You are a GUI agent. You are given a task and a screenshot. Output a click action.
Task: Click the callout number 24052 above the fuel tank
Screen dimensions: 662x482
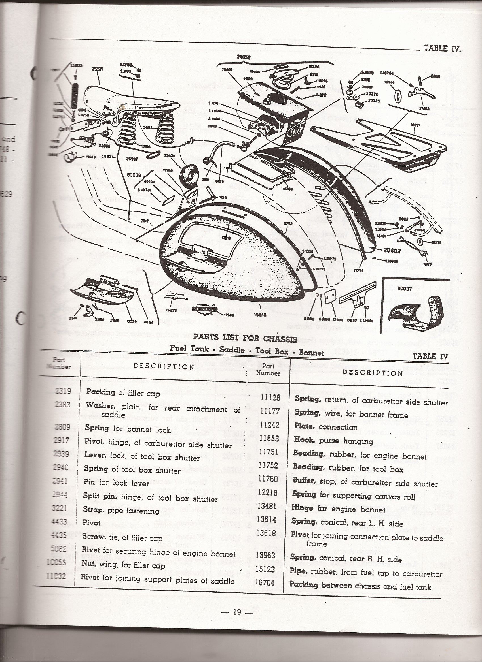(x=243, y=57)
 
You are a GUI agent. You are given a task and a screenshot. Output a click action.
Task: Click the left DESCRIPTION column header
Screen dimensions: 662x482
(x=164, y=367)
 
